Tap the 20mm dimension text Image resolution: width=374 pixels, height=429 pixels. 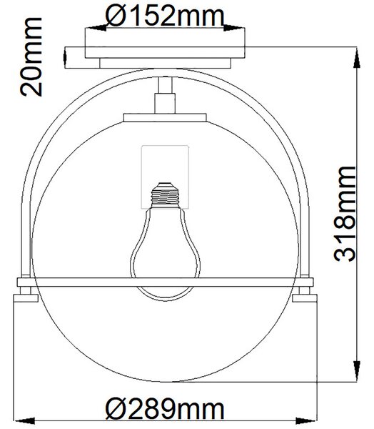[x=31, y=56]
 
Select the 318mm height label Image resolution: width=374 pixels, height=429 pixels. [x=345, y=213]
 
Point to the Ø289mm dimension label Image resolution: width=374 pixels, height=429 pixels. [x=165, y=409]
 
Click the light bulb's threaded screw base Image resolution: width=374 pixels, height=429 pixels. [x=165, y=194]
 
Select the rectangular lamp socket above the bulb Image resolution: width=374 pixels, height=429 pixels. [x=165, y=177]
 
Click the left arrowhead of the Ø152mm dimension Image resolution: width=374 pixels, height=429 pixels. [x=96, y=28]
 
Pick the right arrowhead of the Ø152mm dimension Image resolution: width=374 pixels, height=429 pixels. [x=234, y=28]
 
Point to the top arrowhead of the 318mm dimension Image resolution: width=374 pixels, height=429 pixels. [x=357, y=57]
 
